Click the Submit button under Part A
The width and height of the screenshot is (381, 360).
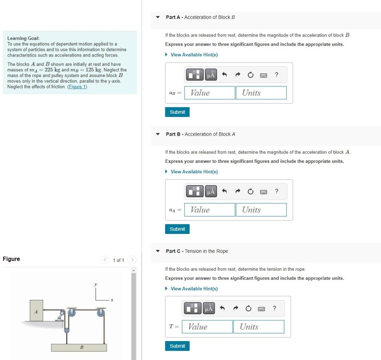[177, 112]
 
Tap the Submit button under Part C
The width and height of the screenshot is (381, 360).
[177, 346]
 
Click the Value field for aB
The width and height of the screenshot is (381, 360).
[211, 93]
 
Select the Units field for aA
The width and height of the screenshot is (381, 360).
[261, 210]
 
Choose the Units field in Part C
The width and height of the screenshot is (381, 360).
[259, 327]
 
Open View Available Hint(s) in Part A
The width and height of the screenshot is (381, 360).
[194, 55]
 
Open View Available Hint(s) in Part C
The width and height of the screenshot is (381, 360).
[194, 289]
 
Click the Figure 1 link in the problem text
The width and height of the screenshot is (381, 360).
[77, 87]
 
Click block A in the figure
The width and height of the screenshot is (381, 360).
[36, 311]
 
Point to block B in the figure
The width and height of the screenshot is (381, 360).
[79, 347]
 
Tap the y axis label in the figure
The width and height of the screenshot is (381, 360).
[96, 285]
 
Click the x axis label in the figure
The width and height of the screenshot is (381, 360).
[111, 300]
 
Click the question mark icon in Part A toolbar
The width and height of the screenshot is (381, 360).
[276, 75]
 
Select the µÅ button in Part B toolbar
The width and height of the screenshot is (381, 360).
[211, 192]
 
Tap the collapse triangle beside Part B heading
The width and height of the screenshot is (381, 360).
[158, 134]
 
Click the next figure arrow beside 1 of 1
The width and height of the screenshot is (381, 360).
[132, 260]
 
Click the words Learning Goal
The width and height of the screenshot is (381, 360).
[23, 38]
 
